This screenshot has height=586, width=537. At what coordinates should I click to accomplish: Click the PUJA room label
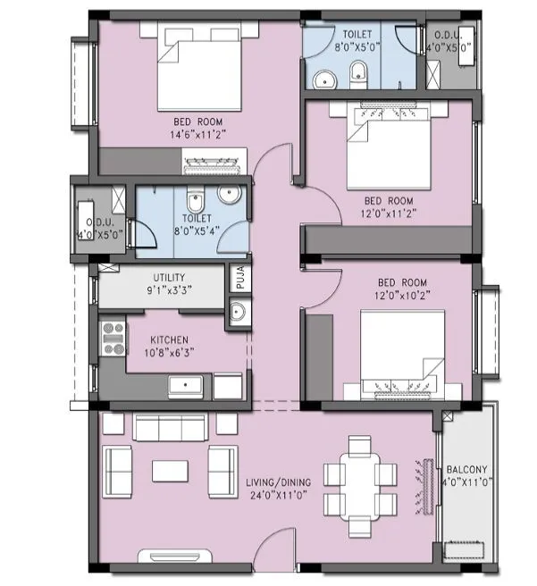tap(238, 279)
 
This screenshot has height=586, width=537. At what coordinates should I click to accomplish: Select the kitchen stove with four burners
tap(113, 338)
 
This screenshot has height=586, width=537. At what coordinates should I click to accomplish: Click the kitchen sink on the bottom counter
tap(186, 386)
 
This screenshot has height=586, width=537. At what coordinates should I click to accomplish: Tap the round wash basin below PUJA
tap(238, 313)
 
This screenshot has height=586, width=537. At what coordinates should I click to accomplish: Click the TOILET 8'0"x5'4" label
tap(197, 223)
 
